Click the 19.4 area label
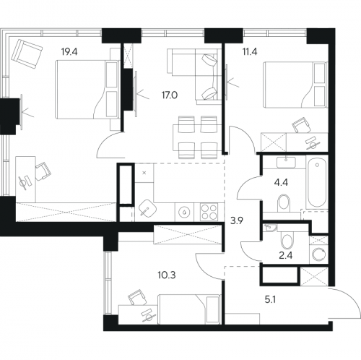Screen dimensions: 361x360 pos(69,52)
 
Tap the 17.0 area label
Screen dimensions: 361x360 pos(170,95)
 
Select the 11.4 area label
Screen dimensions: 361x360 pos(250,51)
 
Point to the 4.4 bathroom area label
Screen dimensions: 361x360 pos(281,182)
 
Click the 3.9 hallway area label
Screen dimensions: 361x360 pos(237,220)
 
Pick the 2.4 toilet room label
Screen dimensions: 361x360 pos(286,255)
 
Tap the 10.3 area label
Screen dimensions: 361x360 pos(167,275)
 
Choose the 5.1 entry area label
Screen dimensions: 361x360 pos(270,300)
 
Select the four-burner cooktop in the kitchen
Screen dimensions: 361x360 pos(209,212)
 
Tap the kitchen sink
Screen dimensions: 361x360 pos(147,208)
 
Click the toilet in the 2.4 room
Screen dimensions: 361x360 pos(287,240)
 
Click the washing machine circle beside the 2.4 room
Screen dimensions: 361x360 pos(318,254)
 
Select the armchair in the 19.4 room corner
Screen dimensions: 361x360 pos(27,54)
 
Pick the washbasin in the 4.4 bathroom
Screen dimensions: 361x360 pos(286,162)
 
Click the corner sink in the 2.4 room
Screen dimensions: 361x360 pos(270,228)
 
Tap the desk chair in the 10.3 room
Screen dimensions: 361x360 pos(137,297)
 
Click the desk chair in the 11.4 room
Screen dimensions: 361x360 pos(301,125)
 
